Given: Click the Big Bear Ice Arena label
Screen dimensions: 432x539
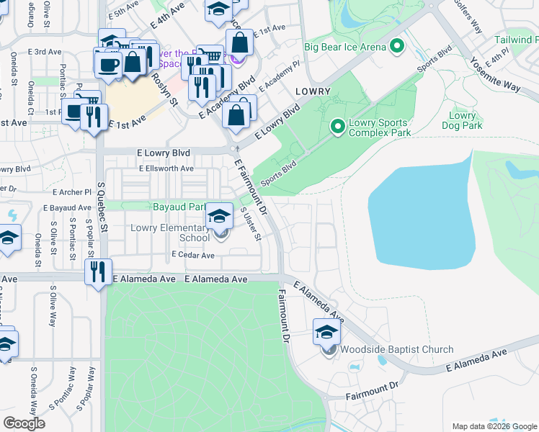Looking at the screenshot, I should [x=344, y=48].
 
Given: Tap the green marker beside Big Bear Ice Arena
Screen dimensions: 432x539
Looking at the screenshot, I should [x=396, y=48].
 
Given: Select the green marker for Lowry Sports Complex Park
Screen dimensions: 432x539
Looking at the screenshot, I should [x=337, y=127].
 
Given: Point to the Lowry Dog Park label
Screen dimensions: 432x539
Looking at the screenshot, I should [x=462, y=120].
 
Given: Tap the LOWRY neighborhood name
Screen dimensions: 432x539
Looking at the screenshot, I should [x=312, y=91].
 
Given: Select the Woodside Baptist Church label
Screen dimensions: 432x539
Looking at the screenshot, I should [x=398, y=350].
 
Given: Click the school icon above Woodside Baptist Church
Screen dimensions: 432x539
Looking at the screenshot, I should [x=326, y=332].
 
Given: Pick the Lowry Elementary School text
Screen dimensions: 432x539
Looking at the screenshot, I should [x=170, y=233].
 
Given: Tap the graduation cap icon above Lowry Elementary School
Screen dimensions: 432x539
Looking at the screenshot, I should [x=219, y=215].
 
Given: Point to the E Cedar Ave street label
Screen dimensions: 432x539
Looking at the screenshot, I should [x=193, y=256].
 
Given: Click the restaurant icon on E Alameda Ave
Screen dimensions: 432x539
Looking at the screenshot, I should [x=97, y=272].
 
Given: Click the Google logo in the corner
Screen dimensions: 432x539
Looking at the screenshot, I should [x=24, y=423].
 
